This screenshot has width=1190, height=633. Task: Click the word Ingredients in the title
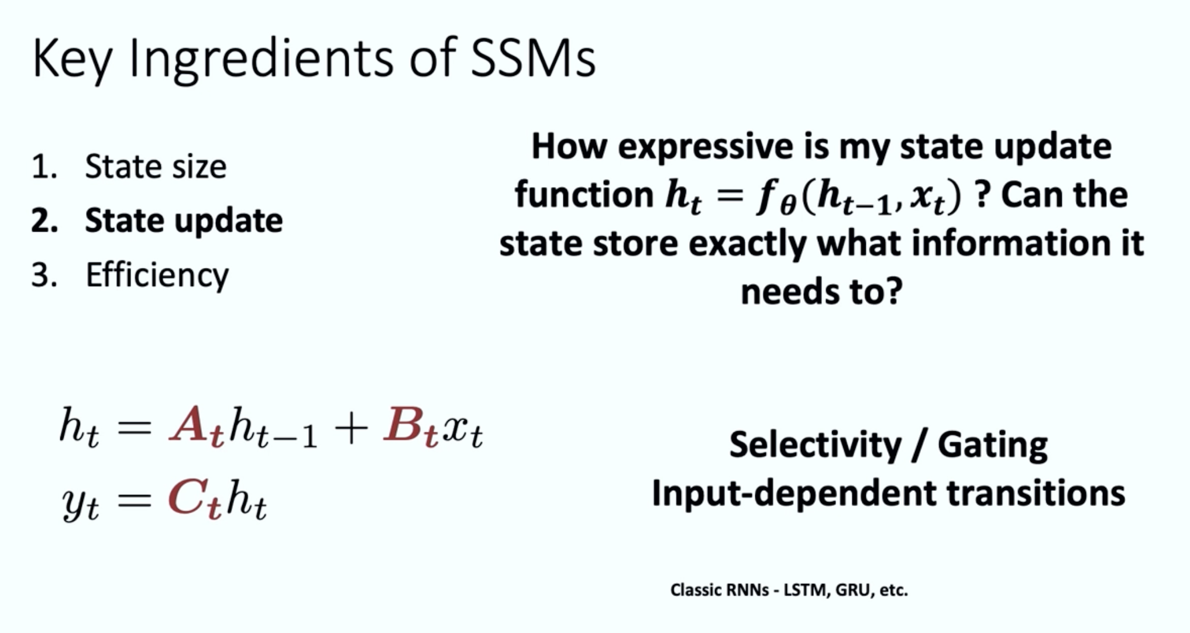[x=260, y=60]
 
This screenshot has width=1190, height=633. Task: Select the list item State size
[x=156, y=167]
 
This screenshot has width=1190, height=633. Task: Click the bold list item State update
[x=184, y=221]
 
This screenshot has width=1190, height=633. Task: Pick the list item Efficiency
[x=157, y=275]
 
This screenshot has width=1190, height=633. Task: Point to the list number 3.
[x=44, y=275]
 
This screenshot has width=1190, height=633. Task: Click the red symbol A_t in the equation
[x=197, y=428]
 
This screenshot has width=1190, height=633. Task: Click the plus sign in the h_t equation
[x=350, y=429]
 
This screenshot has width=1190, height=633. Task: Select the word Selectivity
[x=816, y=445]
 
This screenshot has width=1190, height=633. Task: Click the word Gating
[x=993, y=446]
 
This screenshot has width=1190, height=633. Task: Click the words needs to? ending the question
[x=821, y=291]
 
